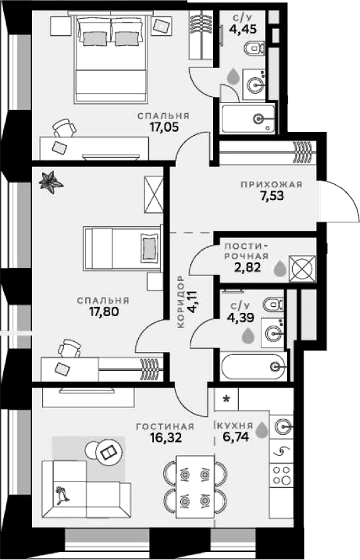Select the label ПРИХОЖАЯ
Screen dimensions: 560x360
click(271, 185)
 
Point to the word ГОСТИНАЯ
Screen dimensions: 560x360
click(165, 426)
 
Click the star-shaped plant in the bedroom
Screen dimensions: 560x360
click(50, 182)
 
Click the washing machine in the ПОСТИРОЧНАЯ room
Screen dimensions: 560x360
click(298, 267)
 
